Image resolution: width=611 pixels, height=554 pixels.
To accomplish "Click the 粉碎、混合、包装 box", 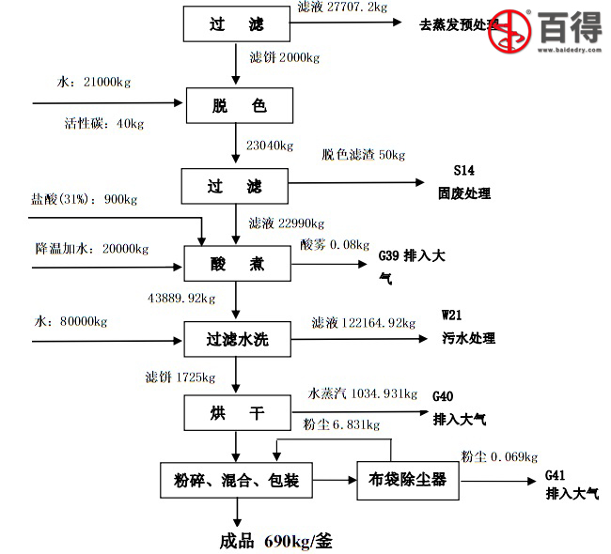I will [x=236, y=481].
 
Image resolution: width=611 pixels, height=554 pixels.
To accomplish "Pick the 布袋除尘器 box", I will [x=408, y=481].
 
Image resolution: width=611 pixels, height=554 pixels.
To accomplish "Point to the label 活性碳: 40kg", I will [x=104, y=123].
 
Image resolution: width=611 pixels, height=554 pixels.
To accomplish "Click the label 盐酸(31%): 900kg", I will [x=84, y=199].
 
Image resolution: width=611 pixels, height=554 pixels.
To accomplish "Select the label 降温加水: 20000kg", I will [x=92, y=249].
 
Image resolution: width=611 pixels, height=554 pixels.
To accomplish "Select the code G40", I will [x=443, y=397].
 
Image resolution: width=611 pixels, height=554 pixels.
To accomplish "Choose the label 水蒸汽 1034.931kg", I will [x=363, y=393].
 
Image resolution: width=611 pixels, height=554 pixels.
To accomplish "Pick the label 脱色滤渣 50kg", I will [x=363, y=155].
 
